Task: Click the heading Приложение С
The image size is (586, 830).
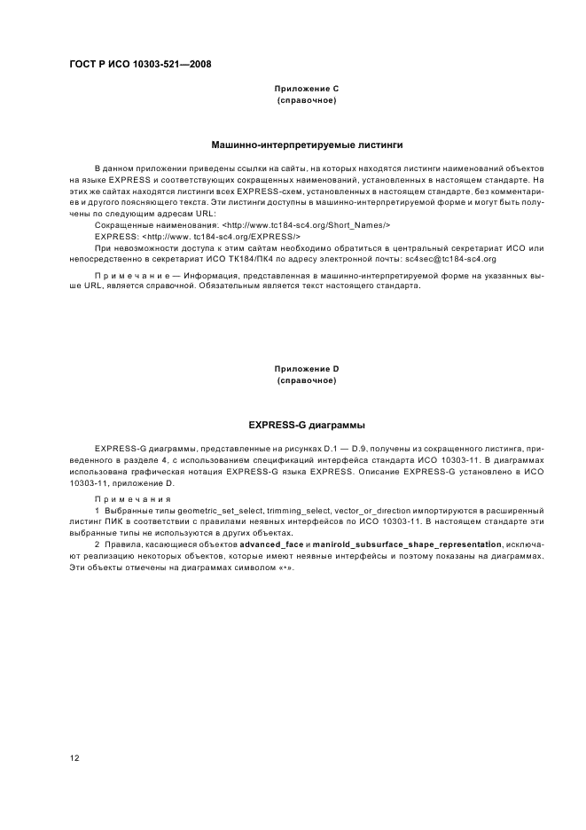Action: pos(307,89)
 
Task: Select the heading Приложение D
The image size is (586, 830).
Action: pos(307,368)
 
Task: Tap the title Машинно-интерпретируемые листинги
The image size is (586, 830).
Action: pos(307,144)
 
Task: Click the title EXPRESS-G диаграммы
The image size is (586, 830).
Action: pos(307,424)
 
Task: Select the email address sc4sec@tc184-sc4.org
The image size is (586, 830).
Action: pos(449,259)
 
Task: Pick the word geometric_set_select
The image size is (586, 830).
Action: pos(217,512)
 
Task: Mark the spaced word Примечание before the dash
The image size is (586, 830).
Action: pos(125,276)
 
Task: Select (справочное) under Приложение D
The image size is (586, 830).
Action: pos(307,380)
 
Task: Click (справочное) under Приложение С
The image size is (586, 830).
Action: pos(307,101)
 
